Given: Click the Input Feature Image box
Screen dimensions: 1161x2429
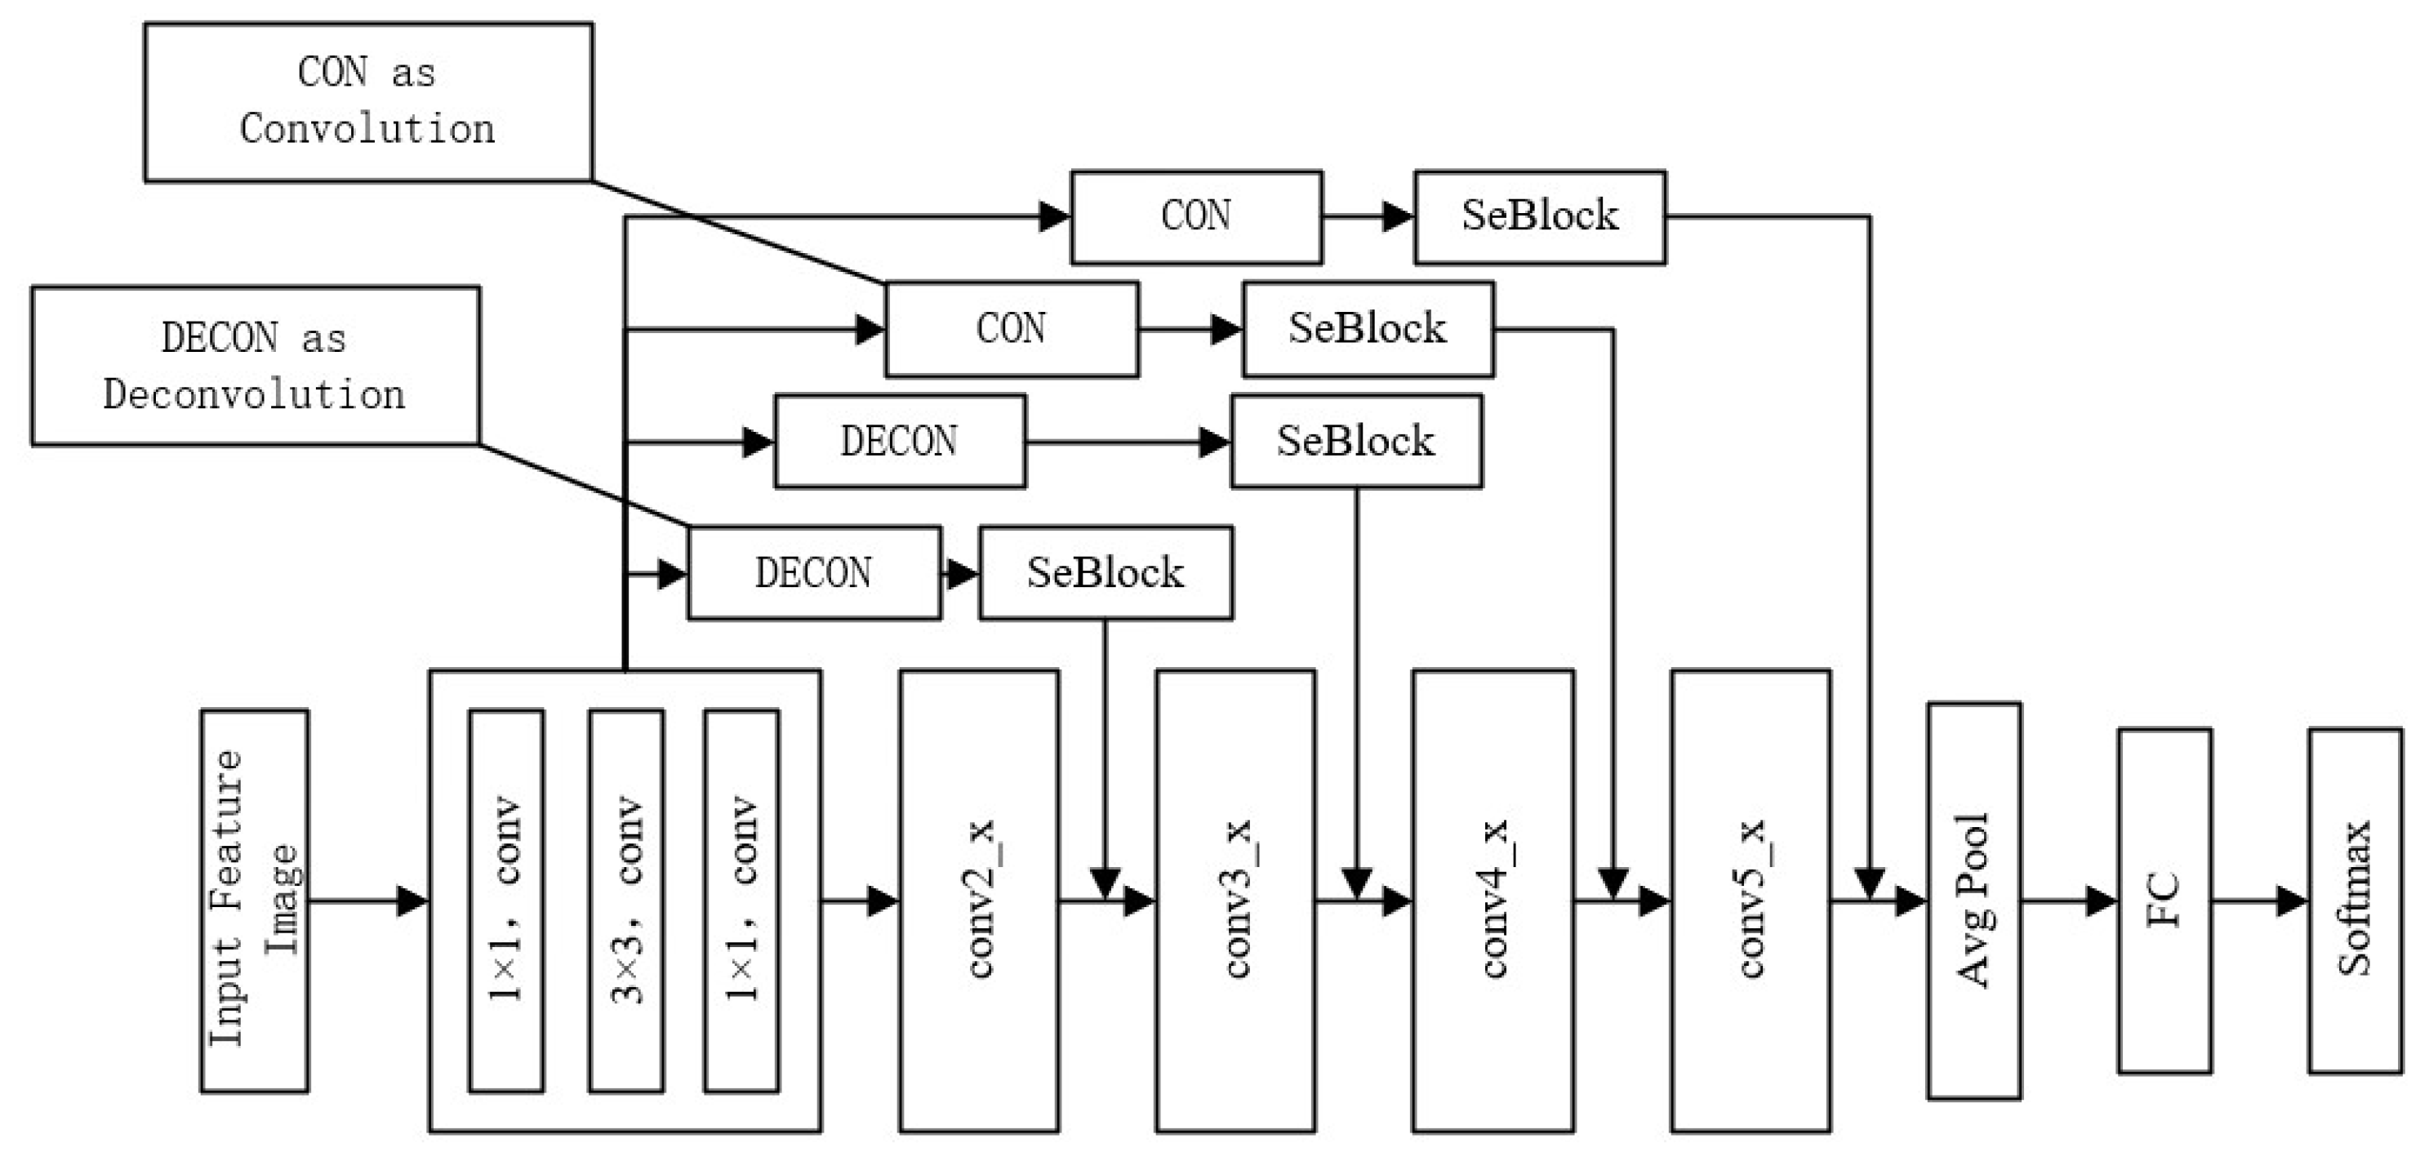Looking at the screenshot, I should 254,901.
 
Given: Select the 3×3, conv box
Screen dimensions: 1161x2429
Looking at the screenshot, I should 626,901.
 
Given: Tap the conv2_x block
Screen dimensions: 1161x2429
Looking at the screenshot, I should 979,901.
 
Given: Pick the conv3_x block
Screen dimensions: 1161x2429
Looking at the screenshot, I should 1235,901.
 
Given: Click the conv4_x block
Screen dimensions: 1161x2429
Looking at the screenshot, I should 1493,901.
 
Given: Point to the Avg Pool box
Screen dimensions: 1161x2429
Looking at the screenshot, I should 1973,901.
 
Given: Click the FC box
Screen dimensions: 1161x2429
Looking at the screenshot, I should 2164,901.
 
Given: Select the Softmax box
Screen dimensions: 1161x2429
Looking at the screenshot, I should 2355,901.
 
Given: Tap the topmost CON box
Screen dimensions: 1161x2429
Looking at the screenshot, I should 1195,217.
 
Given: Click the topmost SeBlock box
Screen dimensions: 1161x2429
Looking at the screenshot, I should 1540,217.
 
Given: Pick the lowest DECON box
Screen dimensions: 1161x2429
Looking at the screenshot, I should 814,572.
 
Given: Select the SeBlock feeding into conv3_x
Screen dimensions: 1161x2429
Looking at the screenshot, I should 1106,572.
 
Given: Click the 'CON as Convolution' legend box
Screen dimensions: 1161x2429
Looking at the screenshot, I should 367,102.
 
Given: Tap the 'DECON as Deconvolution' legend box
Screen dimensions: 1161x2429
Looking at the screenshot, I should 255,366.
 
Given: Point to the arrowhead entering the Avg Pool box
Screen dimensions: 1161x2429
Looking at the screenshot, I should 1911,901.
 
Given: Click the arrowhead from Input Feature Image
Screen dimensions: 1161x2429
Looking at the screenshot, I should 412,901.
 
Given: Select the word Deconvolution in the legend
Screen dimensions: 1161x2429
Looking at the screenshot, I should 255,394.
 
